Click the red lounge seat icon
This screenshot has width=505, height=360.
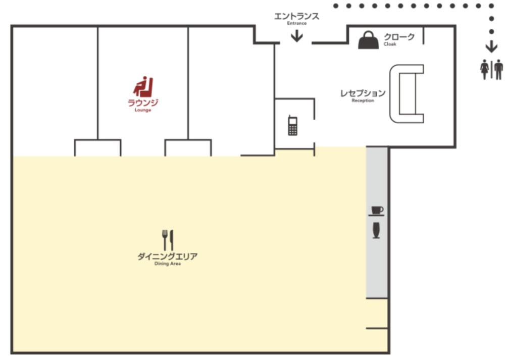click(143, 87)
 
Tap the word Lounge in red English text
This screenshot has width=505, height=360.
click(143, 110)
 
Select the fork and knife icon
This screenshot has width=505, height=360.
click(168, 240)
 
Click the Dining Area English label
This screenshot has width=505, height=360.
click(168, 264)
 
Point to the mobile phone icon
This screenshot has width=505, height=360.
click(292, 126)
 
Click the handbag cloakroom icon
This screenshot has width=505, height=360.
click(369, 40)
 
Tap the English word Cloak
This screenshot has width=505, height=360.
click(390, 44)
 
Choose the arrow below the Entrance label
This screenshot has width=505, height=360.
click(296, 36)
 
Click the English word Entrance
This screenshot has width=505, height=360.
click(296, 23)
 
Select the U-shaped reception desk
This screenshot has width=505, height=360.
click(394, 94)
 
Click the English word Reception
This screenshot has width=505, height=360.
click(363, 100)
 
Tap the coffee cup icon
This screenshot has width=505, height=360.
click(377, 211)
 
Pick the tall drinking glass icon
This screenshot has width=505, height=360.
click(376, 230)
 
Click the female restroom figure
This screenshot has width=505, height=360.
click(484, 69)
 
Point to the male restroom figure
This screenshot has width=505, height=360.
click(498, 69)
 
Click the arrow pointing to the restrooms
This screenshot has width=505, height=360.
click(491, 46)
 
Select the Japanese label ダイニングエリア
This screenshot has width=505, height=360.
click(168, 256)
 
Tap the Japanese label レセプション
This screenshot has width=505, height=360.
click(363, 93)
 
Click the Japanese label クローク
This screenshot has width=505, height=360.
click(399, 37)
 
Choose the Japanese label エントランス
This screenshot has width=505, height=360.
click(296, 16)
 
